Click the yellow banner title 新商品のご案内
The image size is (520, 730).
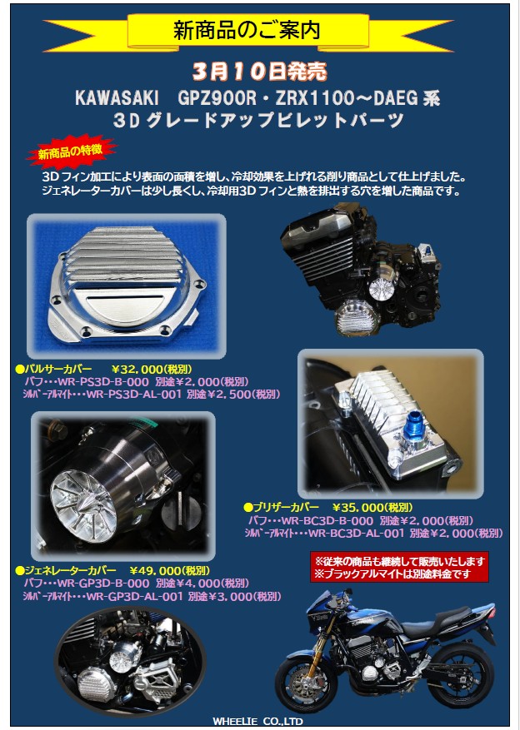click(247, 30)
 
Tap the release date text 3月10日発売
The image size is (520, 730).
click(259, 72)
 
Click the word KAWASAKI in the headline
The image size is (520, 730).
click(117, 97)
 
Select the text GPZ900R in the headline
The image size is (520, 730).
click(217, 97)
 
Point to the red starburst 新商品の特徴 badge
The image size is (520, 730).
click(71, 151)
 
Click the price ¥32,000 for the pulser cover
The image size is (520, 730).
click(137, 370)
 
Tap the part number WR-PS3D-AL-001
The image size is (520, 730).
click(134, 395)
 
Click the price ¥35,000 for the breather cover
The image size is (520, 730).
click(357, 508)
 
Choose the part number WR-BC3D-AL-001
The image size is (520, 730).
click(357, 533)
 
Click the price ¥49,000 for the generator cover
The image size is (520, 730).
click(156, 571)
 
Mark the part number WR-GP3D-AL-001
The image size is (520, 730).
click(135, 596)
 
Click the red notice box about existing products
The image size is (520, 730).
click(399, 568)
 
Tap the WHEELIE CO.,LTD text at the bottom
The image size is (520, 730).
click(257, 721)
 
